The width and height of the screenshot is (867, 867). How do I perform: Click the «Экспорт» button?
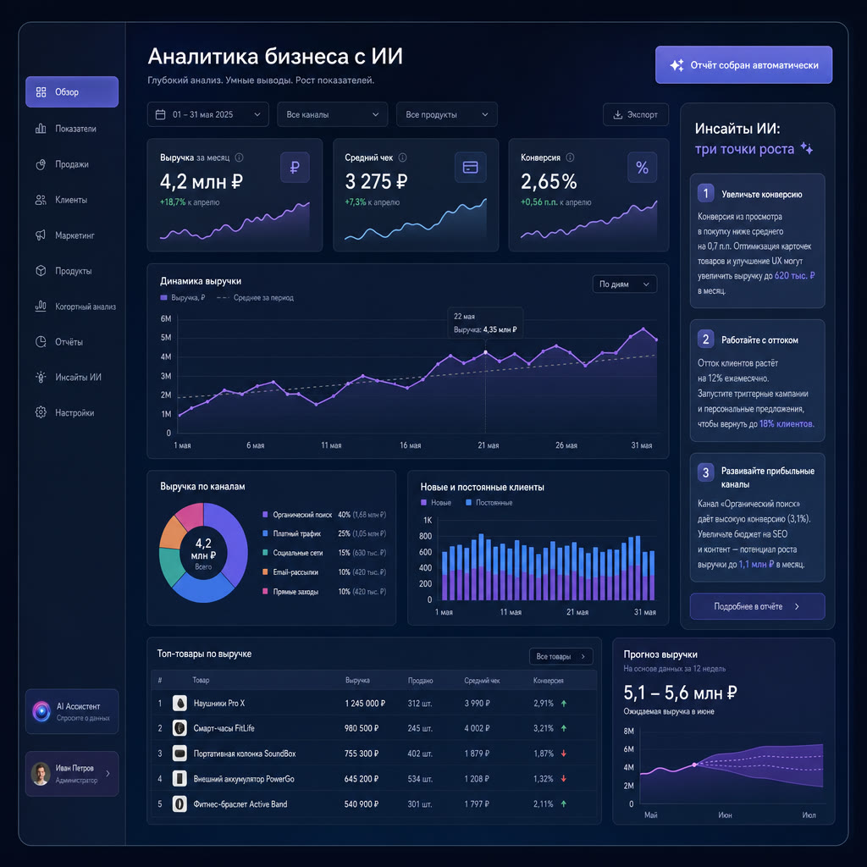pyautogui.click(x=635, y=114)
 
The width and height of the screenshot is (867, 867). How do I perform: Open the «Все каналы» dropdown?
pyautogui.click(x=332, y=114)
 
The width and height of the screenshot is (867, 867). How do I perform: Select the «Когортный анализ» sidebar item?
pyautogui.click(x=75, y=306)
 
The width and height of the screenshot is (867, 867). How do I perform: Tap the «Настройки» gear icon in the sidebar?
pyautogui.click(x=41, y=412)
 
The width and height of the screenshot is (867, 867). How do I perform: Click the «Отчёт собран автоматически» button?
pyautogui.click(x=743, y=64)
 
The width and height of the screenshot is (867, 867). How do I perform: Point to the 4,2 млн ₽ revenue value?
pyautogui.click(x=202, y=181)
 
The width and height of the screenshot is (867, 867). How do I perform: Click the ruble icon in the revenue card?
pyautogui.click(x=295, y=167)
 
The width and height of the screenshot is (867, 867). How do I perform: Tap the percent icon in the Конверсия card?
pyautogui.click(x=642, y=167)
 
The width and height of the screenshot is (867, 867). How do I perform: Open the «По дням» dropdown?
pyautogui.click(x=624, y=284)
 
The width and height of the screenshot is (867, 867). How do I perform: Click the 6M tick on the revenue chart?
pyautogui.click(x=166, y=318)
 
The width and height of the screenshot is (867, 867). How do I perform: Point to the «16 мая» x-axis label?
pyautogui.click(x=411, y=445)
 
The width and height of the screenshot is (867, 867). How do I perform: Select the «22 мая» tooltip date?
pyautogui.click(x=464, y=317)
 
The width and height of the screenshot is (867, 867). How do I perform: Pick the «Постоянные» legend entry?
pyautogui.click(x=489, y=503)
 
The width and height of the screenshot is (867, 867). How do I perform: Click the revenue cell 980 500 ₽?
pyautogui.click(x=362, y=728)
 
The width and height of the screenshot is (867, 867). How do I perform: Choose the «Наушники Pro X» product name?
pyautogui.click(x=219, y=704)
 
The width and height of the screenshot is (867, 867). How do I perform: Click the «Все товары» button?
pyautogui.click(x=561, y=656)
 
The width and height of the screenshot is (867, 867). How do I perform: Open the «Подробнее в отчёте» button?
pyautogui.click(x=757, y=606)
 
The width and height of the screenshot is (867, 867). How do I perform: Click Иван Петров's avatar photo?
pyautogui.click(x=41, y=774)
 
